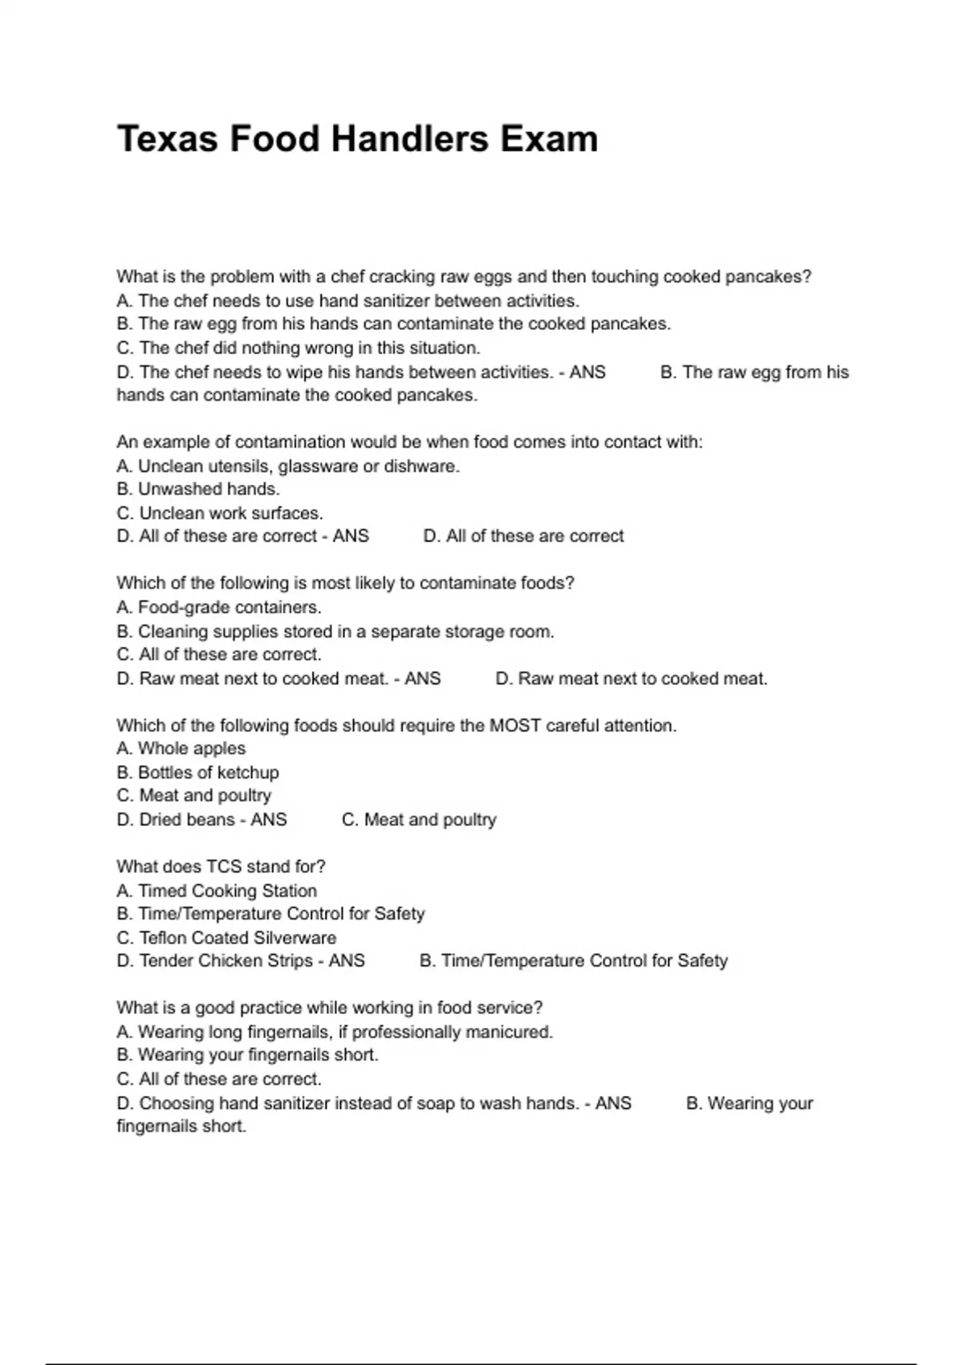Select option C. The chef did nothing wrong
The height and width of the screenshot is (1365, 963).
(299, 348)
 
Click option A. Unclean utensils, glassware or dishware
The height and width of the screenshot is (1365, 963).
(288, 467)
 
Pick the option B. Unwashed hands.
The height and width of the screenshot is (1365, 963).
(198, 489)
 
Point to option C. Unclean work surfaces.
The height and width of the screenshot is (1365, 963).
(220, 513)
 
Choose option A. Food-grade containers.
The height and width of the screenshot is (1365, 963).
(219, 608)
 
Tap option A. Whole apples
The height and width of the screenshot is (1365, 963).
(181, 748)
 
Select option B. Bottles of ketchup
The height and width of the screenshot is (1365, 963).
(198, 772)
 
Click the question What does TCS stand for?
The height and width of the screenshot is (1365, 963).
(221, 867)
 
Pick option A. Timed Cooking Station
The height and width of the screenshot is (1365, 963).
(217, 891)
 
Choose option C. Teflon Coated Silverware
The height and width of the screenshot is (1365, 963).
(226, 938)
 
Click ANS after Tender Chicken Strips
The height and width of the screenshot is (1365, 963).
(347, 961)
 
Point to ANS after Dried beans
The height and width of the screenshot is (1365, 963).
(269, 820)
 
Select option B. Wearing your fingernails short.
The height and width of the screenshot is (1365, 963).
(247, 1055)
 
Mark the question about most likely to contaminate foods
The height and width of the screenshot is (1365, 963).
(345, 584)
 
